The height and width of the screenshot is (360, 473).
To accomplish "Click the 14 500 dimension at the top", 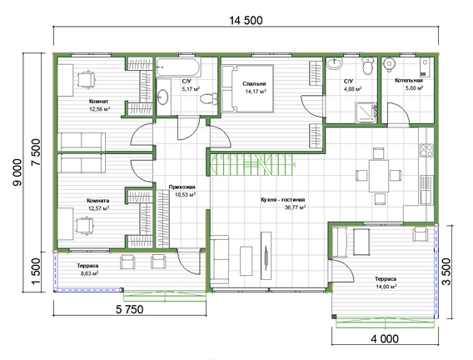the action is point(246,20).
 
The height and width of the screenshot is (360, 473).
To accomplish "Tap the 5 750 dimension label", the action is point(129,309).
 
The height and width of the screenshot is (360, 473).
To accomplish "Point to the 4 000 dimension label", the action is point(385,338).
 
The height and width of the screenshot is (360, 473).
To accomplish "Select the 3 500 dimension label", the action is point(446,272).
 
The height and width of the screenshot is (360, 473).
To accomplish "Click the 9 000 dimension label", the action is point(17,172).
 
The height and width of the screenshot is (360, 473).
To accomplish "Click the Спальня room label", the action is point(254,84).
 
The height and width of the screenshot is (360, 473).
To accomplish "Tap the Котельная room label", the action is point(409,81).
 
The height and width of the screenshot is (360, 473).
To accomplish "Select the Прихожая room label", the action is point(182,187).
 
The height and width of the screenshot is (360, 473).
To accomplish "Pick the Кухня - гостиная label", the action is point(282,200).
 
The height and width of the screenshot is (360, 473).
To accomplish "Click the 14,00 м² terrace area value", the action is point(386,287).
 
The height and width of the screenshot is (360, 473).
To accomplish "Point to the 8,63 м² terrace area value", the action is point(87,273).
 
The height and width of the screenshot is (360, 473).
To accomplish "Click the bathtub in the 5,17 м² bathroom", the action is point(178,67).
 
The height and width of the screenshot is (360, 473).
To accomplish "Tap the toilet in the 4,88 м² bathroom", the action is point(367,66).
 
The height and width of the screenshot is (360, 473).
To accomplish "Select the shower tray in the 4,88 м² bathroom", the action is point(366,112).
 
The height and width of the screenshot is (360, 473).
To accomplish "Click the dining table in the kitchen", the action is point(379,176).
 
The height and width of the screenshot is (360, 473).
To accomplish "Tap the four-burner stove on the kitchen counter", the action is point(426,150).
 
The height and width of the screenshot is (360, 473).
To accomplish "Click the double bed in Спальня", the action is point(247,88).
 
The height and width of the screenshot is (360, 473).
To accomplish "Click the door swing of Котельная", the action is point(399,114).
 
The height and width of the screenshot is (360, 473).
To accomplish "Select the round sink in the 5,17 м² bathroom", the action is point(163,97).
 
